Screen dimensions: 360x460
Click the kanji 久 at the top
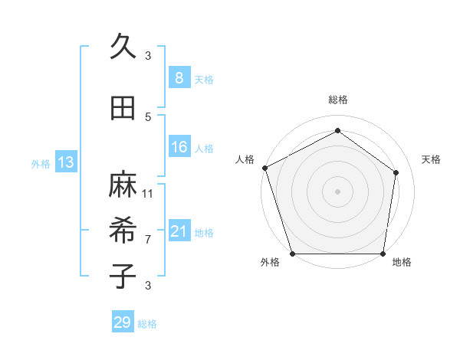point(123,47)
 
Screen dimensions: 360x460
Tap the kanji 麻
point(123,185)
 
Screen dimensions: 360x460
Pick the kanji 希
point(123,230)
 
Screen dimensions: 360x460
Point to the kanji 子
point(123,275)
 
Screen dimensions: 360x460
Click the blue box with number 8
point(179,78)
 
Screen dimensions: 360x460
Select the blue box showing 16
point(179,148)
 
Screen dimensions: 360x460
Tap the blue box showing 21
point(179,232)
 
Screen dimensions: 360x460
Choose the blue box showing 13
point(65,162)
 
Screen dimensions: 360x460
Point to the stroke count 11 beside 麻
point(148,194)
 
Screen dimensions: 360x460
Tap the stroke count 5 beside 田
point(148,117)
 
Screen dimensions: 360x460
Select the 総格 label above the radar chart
point(337,100)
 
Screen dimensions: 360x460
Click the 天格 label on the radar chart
point(432,159)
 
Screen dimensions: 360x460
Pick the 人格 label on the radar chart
point(245,159)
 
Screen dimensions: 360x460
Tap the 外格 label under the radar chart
point(269,263)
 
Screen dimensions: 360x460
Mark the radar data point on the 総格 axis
point(337,130)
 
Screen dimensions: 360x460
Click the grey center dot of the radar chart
point(337,191)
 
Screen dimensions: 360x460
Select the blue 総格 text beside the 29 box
point(148,324)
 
